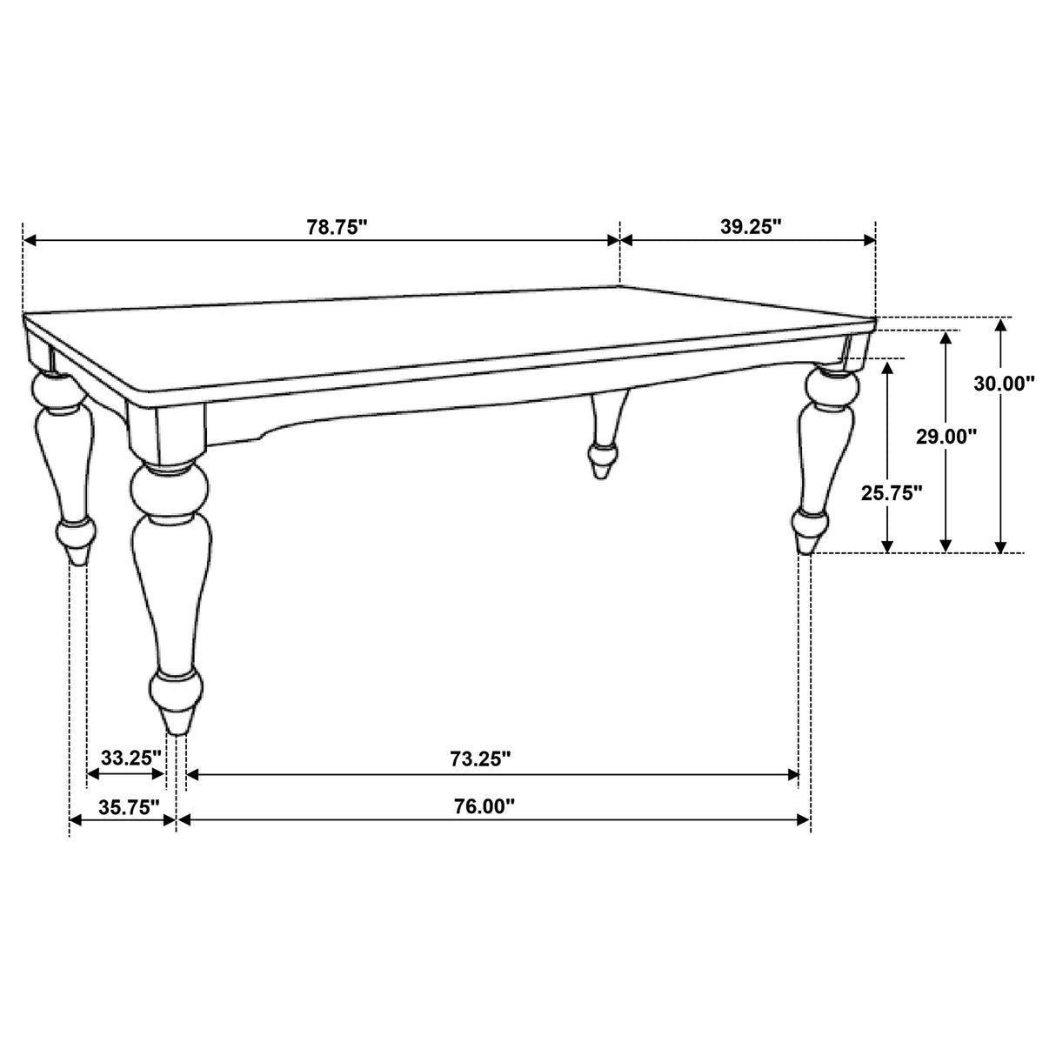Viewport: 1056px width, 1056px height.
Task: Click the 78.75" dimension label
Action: point(337,228)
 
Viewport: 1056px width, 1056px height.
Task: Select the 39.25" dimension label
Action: point(751,227)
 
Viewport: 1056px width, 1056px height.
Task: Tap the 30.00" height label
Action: point(1004,384)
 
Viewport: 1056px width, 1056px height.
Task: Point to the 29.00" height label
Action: point(946,437)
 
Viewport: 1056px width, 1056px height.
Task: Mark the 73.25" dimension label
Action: point(479,759)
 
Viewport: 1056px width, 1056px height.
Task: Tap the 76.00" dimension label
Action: point(484,806)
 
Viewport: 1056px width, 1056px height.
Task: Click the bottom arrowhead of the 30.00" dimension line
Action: point(1001,546)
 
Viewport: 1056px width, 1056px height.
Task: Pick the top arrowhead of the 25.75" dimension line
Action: point(888,366)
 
